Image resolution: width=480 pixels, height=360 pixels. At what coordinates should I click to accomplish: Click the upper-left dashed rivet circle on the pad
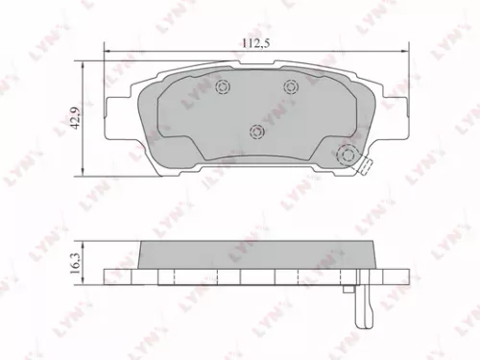[x=224, y=89]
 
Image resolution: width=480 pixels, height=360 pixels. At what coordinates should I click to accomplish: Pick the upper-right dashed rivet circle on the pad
[x=291, y=88]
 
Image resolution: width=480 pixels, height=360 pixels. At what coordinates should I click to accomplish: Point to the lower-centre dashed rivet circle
[x=256, y=132]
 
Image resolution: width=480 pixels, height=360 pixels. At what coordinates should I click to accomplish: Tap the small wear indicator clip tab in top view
[x=364, y=167]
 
